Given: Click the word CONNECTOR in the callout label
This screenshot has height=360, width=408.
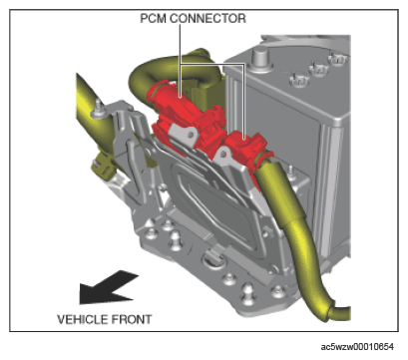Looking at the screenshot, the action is click(x=207, y=18).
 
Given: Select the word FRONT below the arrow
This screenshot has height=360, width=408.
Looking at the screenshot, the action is click(x=131, y=319).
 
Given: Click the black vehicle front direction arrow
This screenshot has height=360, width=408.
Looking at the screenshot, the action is click(x=107, y=288).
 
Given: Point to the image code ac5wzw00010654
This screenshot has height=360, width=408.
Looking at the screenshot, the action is click(x=357, y=347).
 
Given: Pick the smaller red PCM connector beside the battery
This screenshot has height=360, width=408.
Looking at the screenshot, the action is click(x=247, y=150).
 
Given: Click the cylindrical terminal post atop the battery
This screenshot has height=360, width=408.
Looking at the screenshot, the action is click(x=259, y=57).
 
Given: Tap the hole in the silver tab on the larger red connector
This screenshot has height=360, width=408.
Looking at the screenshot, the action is click(x=191, y=135).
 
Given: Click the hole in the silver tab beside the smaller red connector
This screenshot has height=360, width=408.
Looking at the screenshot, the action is click(x=223, y=154).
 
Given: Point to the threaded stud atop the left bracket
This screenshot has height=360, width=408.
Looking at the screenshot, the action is click(x=99, y=107).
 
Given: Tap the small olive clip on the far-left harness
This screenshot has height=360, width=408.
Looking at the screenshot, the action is click(x=103, y=167).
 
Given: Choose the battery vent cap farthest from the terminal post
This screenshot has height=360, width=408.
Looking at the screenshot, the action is click(x=338, y=60).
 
